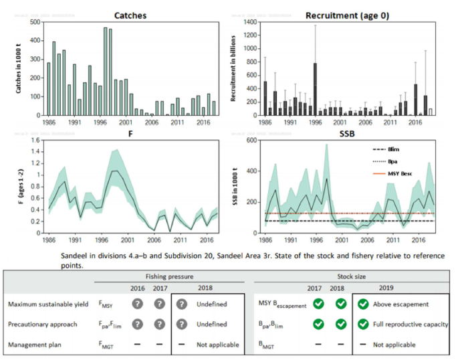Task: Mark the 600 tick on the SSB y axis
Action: (253, 140)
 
